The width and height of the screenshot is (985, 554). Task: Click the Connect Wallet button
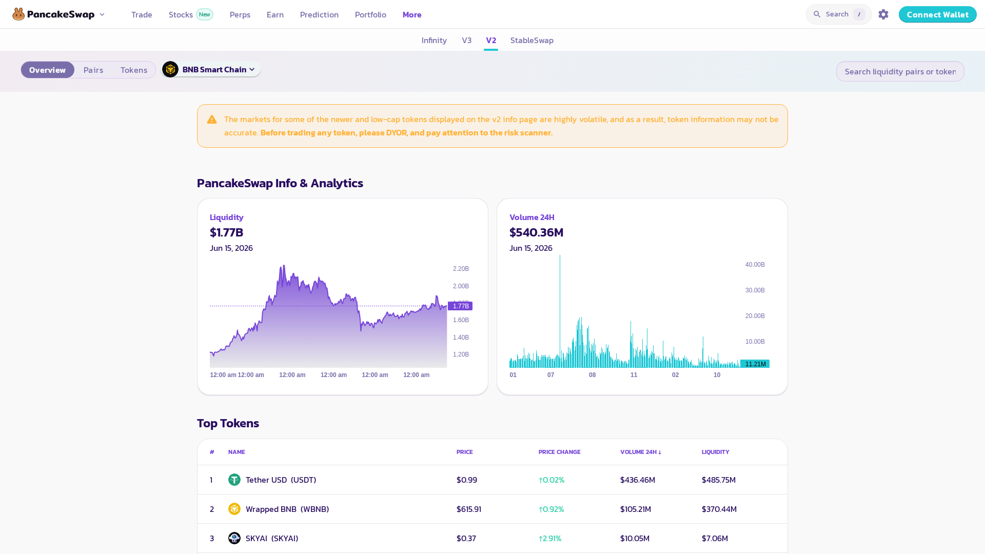tap(937, 14)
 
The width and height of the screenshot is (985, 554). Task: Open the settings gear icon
tap(883, 14)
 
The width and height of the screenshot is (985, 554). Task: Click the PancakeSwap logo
tap(53, 14)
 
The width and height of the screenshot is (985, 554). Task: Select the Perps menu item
tap(240, 14)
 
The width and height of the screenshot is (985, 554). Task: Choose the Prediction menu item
tap(319, 14)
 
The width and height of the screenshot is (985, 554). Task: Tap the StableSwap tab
tap(531, 40)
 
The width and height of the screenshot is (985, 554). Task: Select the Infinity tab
tap(434, 40)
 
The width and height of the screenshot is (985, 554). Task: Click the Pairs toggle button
tap(93, 70)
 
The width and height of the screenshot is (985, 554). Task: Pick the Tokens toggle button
tap(134, 70)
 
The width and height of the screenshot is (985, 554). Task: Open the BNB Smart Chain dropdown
tap(211, 69)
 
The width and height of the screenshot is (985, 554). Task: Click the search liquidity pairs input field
tap(900, 71)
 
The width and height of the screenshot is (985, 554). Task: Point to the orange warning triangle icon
tap(212, 120)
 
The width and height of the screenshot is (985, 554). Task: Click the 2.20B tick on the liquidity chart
tap(461, 269)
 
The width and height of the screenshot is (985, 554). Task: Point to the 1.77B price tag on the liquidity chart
tap(460, 306)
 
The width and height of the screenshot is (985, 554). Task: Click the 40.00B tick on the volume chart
tap(755, 265)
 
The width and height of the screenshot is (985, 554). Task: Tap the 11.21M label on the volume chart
tap(755, 364)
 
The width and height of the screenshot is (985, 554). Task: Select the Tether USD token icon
tap(234, 480)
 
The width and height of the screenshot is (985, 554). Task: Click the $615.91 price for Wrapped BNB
tap(469, 509)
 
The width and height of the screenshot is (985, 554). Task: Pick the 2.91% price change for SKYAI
tap(550, 538)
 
